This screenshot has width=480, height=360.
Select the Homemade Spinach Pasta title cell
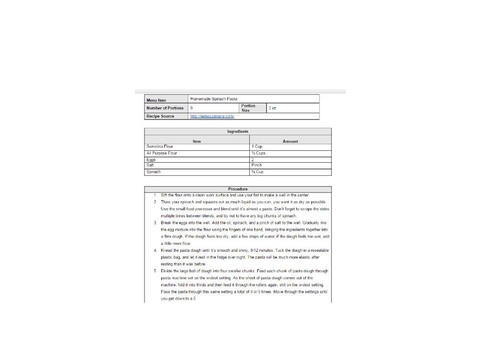click(x=214, y=99)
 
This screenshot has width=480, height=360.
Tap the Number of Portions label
click(x=165, y=108)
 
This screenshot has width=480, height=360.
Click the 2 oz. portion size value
click(x=272, y=108)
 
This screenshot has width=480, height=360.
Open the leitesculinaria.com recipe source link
click(x=212, y=117)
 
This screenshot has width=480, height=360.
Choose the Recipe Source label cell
click(x=160, y=117)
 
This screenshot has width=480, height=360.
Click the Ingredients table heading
click(x=238, y=132)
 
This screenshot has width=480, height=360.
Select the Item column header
click(x=197, y=142)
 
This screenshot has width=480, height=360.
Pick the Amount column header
click(x=290, y=142)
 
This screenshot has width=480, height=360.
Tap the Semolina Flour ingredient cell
click(x=160, y=146)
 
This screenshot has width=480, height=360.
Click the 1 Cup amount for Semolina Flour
click(x=257, y=146)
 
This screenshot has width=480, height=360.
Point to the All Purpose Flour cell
click(x=162, y=153)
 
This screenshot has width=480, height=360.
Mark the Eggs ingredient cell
click(x=151, y=160)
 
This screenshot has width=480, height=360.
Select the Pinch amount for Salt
click(x=257, y=165)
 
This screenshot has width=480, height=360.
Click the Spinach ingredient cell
click(x=154, y=172)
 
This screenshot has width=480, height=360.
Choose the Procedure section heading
click(x=238, y=189)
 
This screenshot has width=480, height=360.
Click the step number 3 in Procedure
click(x=155, y=223)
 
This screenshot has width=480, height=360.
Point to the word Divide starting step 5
click(x=167, y=271)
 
